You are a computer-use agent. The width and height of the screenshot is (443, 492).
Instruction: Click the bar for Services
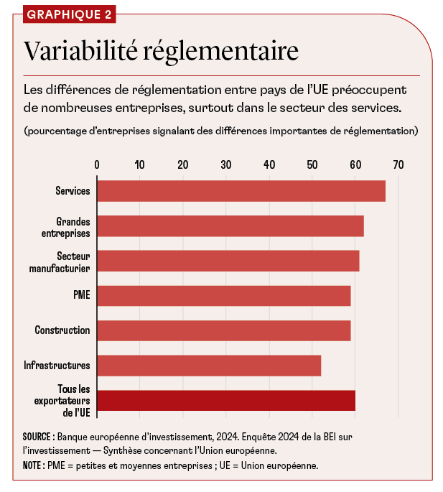241,191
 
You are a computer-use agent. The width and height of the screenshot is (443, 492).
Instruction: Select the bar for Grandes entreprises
230,226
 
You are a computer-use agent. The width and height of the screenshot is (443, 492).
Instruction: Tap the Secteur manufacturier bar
228,261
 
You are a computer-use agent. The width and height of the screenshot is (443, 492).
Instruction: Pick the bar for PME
223,296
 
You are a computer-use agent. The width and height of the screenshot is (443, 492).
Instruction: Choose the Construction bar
223,330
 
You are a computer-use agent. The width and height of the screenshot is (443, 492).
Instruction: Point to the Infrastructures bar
208,366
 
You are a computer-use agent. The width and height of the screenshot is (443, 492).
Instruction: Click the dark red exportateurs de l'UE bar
225,400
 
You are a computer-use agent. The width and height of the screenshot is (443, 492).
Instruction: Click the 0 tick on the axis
97,164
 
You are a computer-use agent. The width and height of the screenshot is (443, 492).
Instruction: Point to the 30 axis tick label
226,164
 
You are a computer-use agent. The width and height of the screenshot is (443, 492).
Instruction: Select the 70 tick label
398,164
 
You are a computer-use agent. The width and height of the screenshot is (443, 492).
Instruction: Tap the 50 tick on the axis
312,164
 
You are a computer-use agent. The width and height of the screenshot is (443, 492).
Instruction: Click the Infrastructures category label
57,366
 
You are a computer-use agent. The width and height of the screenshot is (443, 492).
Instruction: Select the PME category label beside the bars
82,296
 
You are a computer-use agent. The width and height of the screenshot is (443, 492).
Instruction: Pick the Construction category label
62,330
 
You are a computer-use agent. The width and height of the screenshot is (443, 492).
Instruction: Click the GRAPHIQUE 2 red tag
68,14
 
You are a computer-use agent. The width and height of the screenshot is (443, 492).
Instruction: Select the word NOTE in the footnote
33,465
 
